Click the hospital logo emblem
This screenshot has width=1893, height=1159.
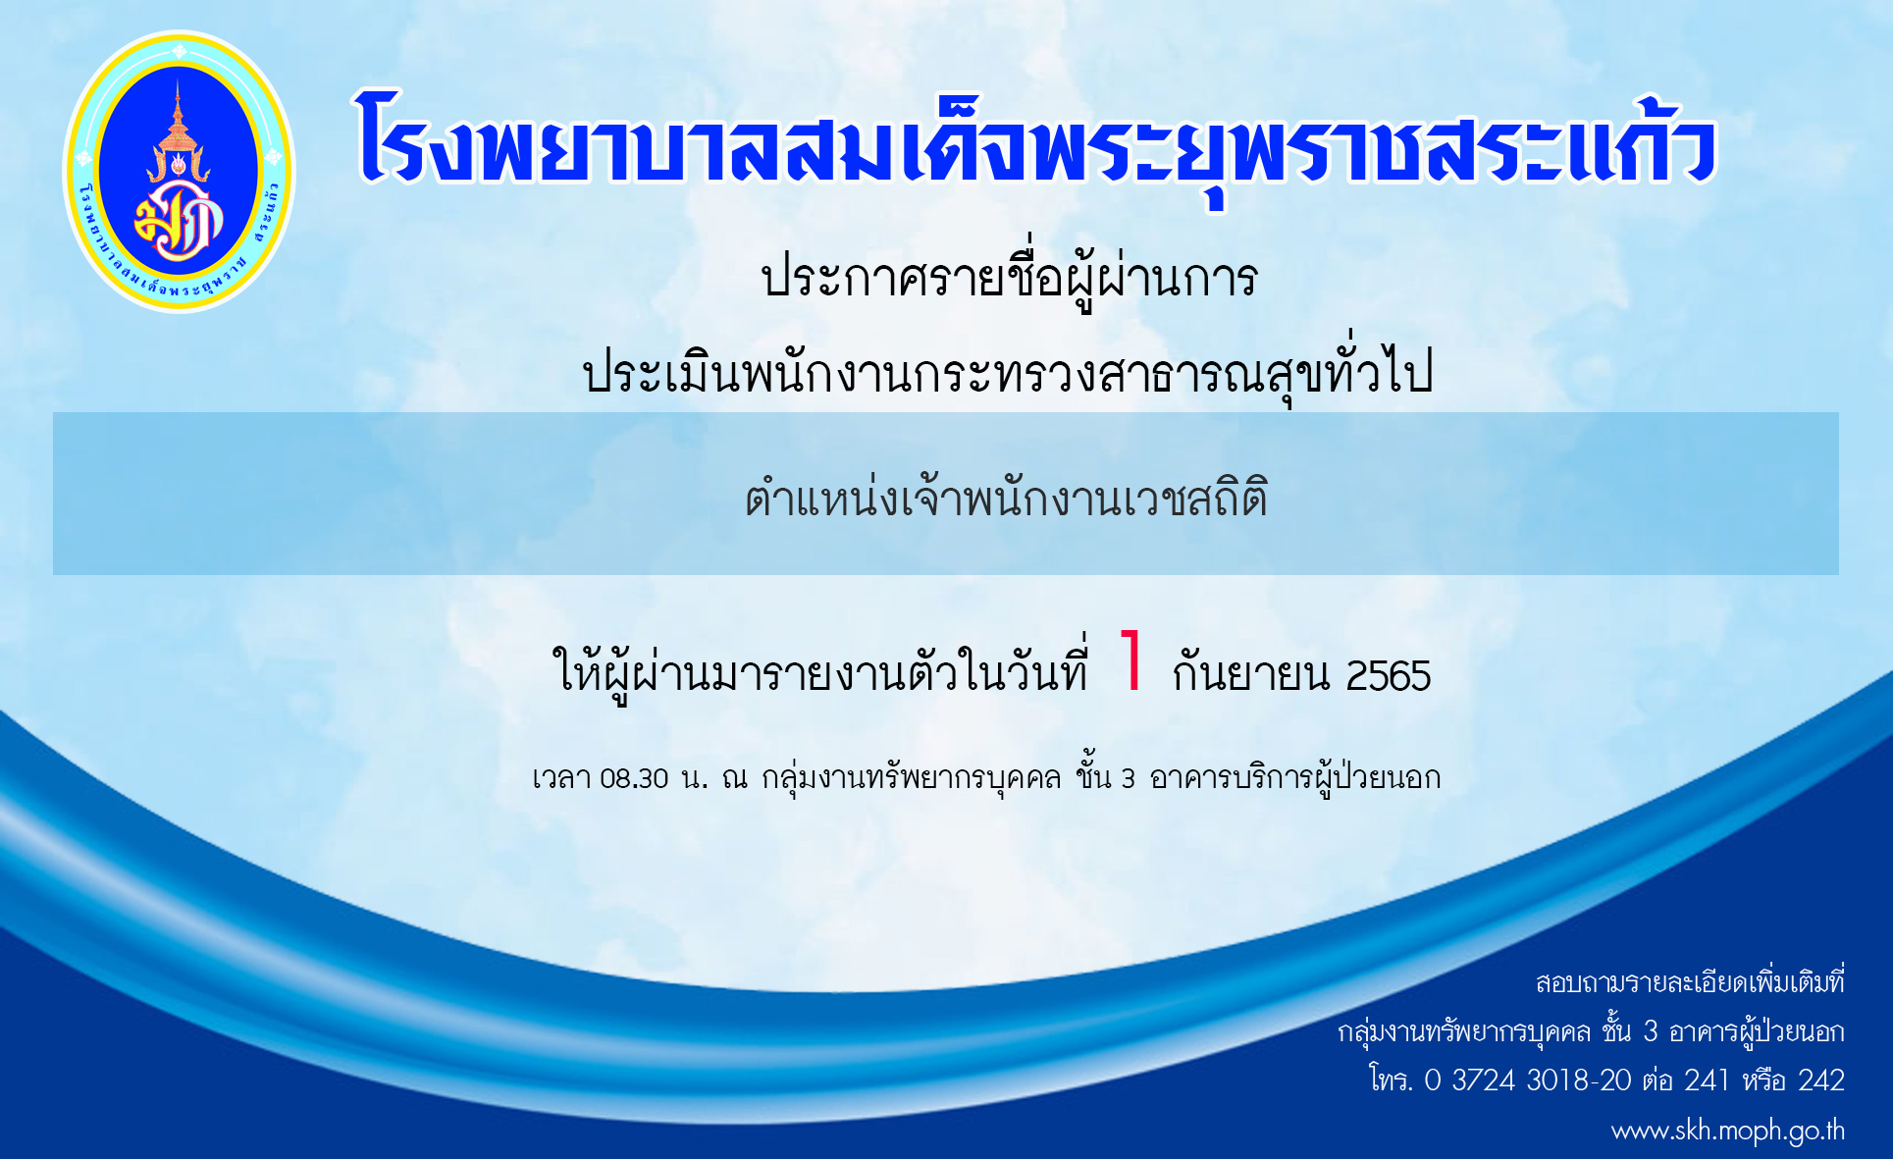(x=179, y=172)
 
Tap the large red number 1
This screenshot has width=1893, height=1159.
(x=1131, y=660)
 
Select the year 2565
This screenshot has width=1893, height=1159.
(x=1388, y=676)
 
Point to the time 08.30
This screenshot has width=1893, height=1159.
(x=634, y=779)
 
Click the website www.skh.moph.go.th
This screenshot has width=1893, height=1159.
(x=1727, y=1132)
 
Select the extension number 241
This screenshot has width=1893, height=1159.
(x=1707, y=1080)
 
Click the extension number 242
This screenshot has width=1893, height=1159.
(x=1821, y=1080)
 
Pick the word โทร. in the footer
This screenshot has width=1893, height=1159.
(x=1391, y=1080)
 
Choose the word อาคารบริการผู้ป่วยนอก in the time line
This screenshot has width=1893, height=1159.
(x=1294, y=778)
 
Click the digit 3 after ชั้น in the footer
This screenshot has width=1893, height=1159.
(x=1651, y=1031)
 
